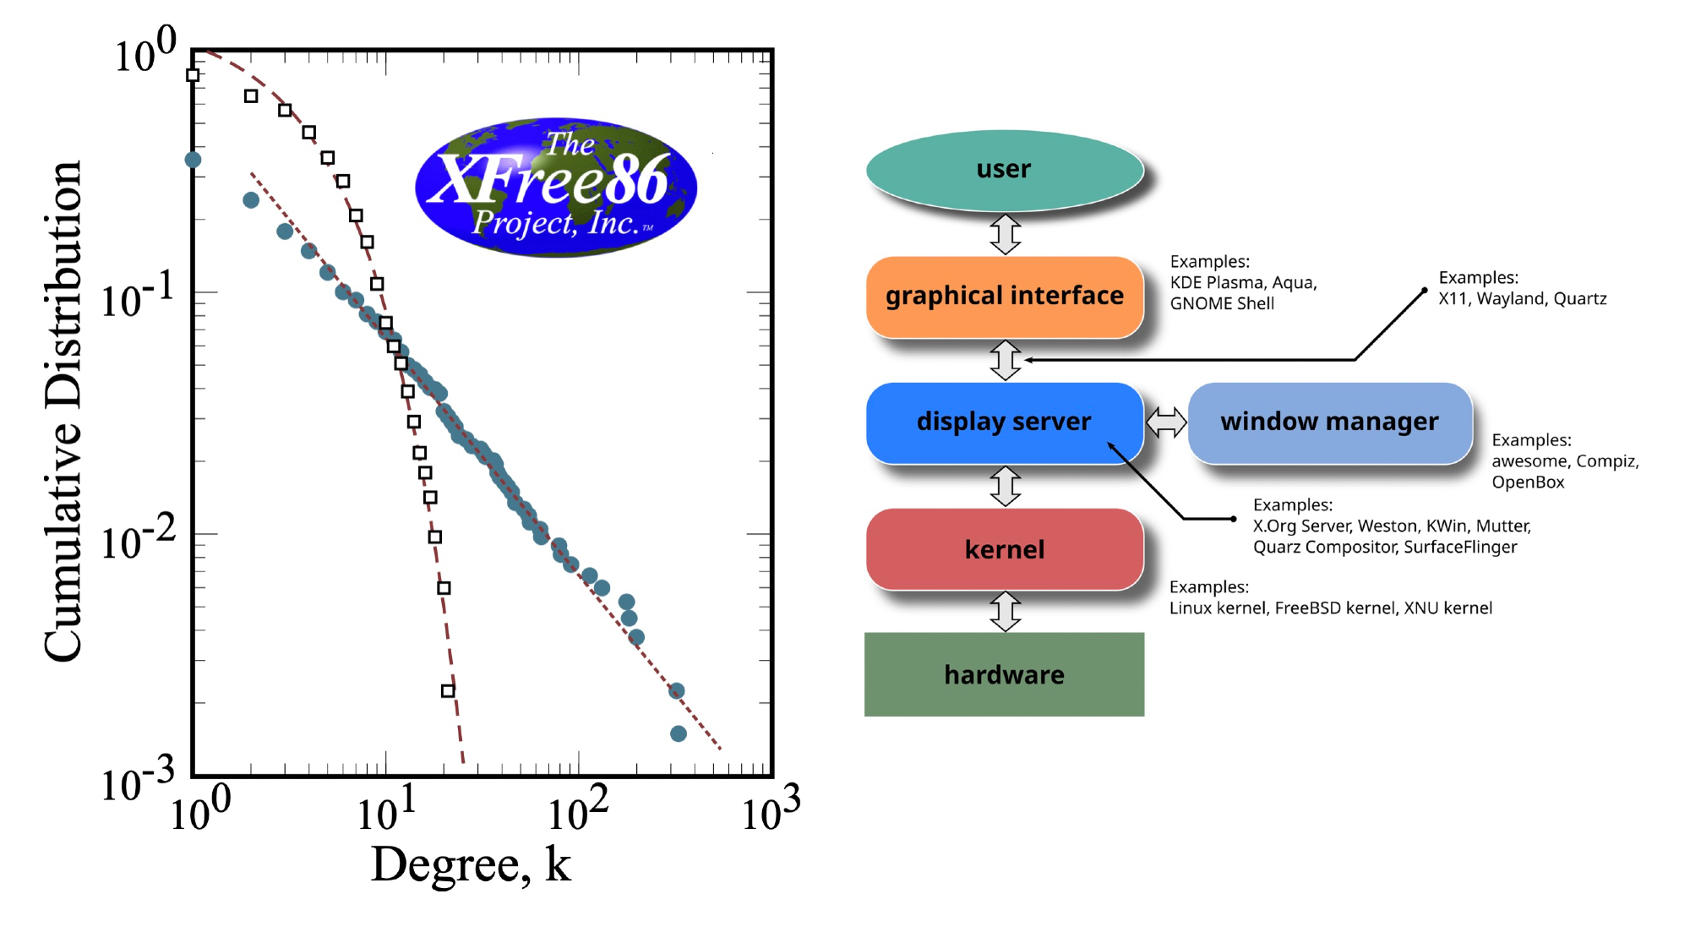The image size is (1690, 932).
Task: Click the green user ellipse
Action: (1004, 169)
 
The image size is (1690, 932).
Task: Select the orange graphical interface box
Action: (1004, 296)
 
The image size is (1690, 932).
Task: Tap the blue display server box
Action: (1004, 422)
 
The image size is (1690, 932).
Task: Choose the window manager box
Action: (1329, 422)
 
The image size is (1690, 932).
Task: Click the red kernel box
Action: (1004, 549)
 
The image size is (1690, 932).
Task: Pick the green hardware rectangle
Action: (1004, 674)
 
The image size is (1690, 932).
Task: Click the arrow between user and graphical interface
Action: (1005, 234)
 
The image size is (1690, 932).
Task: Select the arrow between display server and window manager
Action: (1166, 422)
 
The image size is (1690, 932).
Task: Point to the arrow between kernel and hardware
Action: (1005, 612)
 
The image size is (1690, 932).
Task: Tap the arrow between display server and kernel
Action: (1005, 486)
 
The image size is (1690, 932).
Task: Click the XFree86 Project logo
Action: (555, 187)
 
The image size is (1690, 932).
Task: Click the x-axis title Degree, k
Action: (471, 864)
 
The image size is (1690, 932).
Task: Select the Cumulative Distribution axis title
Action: (63, 411)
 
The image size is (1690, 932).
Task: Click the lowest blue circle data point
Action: (678, 733)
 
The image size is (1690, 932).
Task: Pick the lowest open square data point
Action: (448, 690)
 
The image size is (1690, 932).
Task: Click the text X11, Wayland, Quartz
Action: (1522, 298)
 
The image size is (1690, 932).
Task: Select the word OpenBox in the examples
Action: (1528, 482)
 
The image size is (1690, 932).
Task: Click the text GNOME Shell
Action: (1222, 303)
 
